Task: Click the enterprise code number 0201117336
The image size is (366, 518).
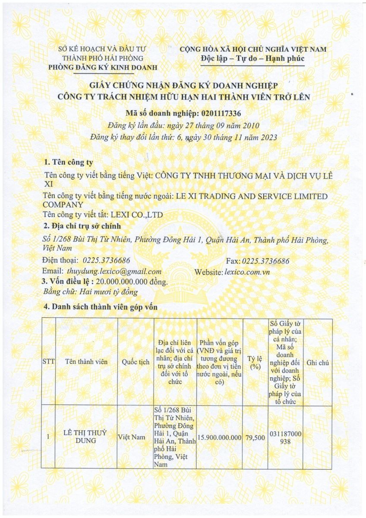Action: click(221, 113)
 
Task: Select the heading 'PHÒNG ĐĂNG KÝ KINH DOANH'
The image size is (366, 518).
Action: click(103, 67)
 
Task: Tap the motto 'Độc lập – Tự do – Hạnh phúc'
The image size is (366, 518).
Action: click(252, 59)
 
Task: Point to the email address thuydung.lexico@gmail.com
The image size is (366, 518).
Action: click(114, 272)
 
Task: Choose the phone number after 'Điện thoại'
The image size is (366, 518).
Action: click(106, 261)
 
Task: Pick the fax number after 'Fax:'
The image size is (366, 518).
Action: click(266, 261)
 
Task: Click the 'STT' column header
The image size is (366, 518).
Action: click(48, 362)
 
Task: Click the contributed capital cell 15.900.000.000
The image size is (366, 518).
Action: click(219, 437)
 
